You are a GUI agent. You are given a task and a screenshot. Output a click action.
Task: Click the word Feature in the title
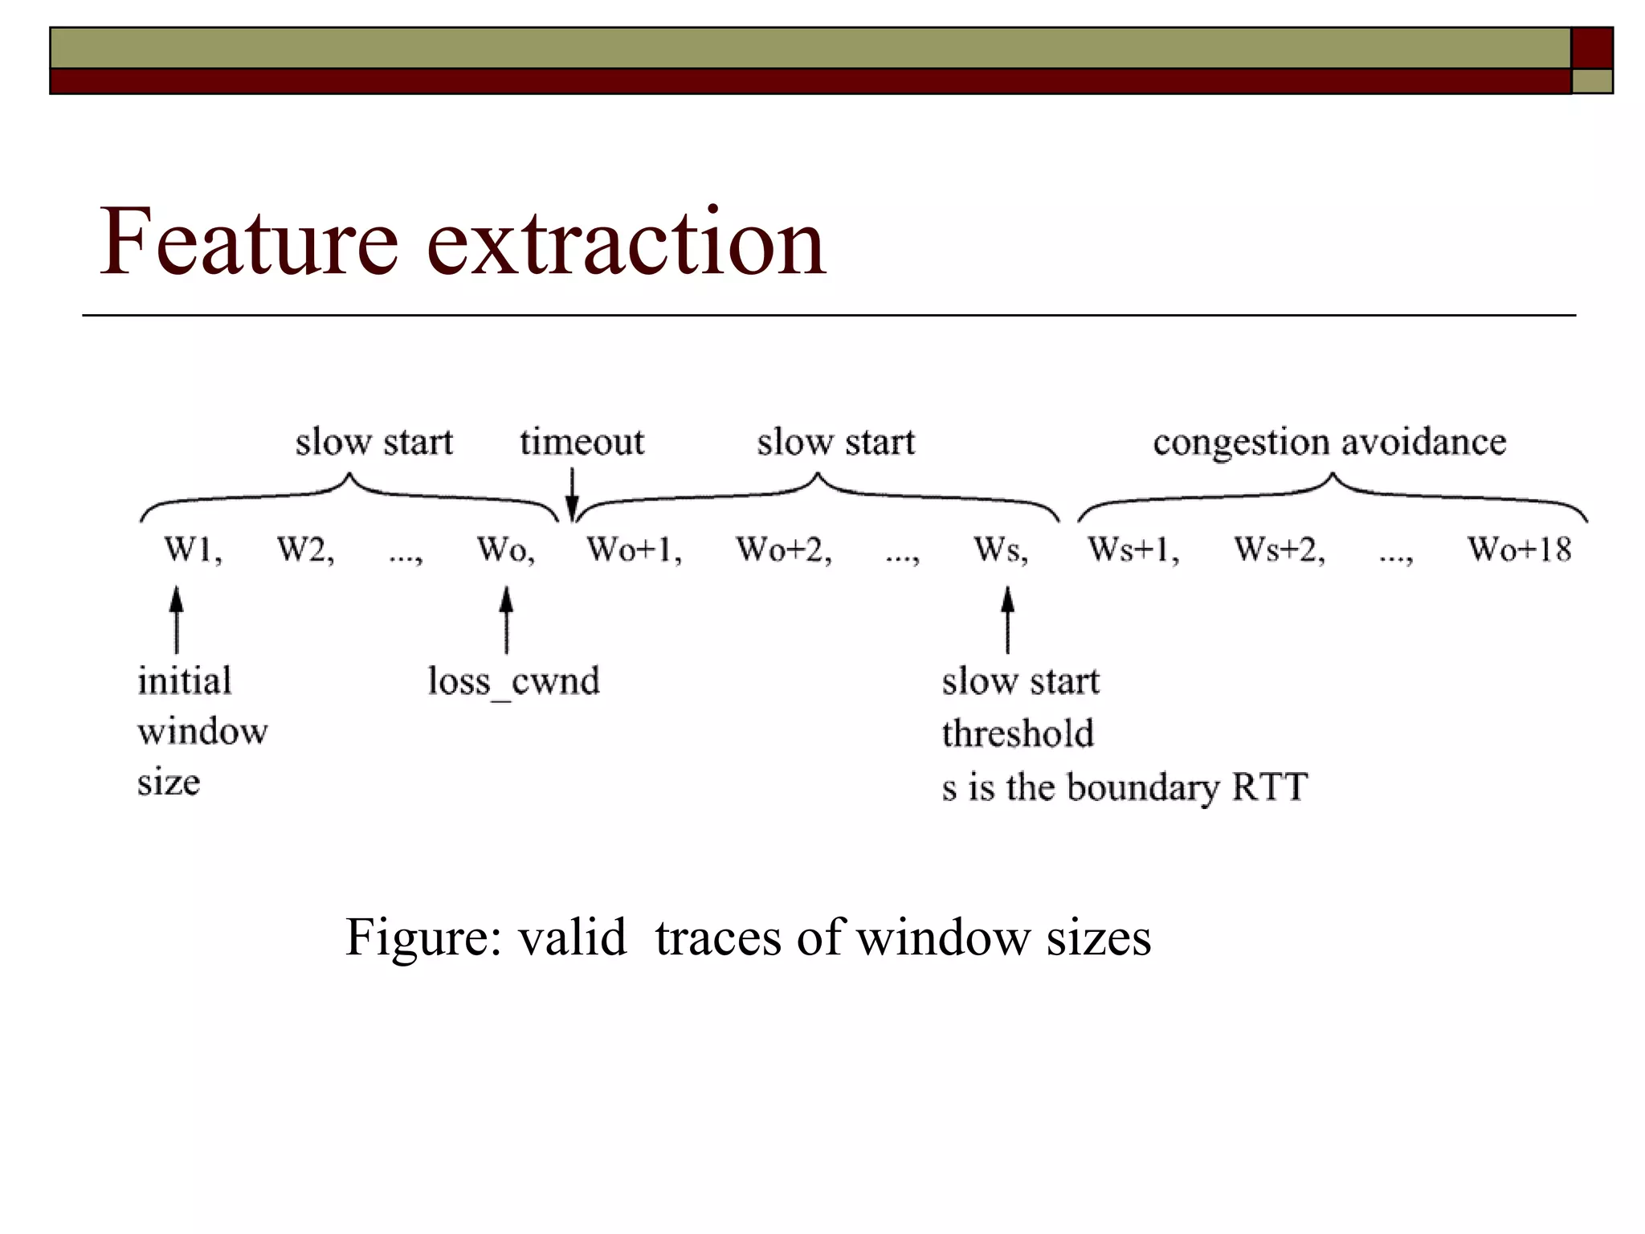[x=248, y=241]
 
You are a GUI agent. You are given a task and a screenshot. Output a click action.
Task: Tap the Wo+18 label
[x=1519, y=550]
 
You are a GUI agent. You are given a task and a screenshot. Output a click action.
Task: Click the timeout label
[x=582, y=442]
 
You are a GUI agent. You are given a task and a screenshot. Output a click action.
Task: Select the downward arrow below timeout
[x=572, y=495]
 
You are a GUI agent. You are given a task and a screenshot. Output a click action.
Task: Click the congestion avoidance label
[x=1329, y=442]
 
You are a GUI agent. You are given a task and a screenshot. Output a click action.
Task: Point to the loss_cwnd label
[x=513, y=681]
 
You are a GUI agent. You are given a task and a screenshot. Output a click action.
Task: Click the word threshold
[x=1018, y=733]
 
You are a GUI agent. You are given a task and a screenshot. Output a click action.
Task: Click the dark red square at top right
[x=1592, y=47]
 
